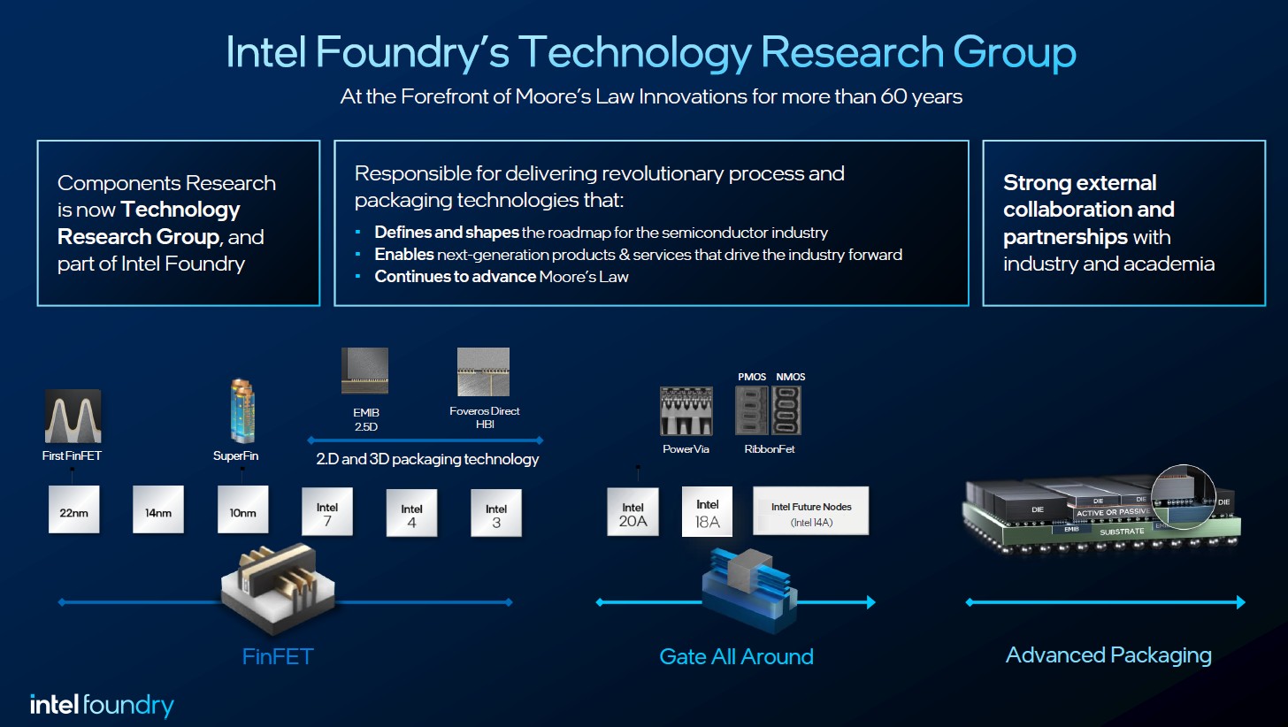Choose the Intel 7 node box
(327, 512)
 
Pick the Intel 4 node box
(411, 514)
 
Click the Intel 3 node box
(496, 514)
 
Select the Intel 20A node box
(632, 513)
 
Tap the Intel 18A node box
(708, 512)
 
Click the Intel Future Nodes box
(810, 511)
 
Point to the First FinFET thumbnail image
(73, 417)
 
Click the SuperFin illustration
(242, 410)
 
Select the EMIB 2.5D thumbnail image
(364, 371)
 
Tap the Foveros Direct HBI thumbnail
(483, 371)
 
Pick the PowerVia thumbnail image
(686, 410)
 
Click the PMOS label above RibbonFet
(752, 377)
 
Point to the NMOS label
(791, 377)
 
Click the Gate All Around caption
(736, 656)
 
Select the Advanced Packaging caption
(1108, 655)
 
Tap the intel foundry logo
(103, 705)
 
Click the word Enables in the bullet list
(404, 255)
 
